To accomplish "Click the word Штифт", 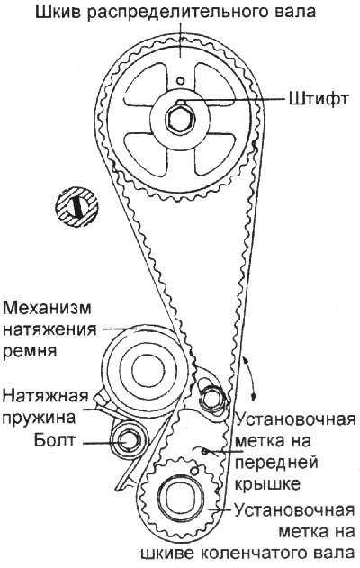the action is coord(319,97).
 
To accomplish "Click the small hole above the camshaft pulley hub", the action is coord(180,80).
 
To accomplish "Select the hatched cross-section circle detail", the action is coord(76,207).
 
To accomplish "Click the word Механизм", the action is coord(47,308).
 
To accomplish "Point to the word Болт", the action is coord(55,440).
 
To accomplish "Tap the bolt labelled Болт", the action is coord(129,442).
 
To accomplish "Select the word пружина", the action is coord(39,419).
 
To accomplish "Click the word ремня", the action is coord(30,351).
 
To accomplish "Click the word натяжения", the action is coord(49,330).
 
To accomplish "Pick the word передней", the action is coord(276,463).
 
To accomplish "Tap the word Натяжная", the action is coord(46,396).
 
